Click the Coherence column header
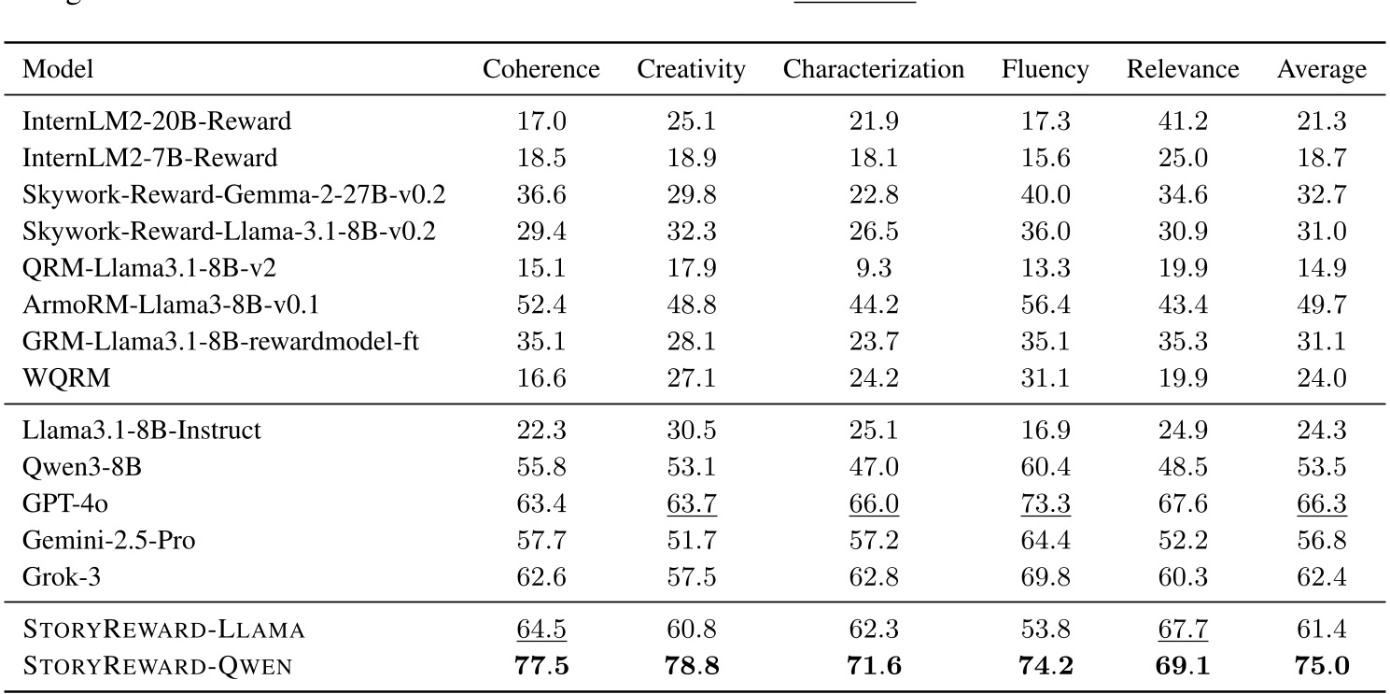541,69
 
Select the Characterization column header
873,69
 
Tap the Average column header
1321,69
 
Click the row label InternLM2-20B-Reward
156,120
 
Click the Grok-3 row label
62,577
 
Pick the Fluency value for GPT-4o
1045,504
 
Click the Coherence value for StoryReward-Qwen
541,666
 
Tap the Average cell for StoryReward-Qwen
1321,666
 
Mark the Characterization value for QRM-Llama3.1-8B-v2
873,268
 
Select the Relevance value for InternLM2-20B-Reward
1182,120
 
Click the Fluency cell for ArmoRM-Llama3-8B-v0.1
1045,305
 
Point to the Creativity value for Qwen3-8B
691,468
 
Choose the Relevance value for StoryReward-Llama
1182,630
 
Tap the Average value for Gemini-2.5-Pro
1321,541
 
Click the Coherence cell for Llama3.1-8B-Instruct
541,431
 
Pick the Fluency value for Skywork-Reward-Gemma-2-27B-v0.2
1045,194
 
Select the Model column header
58,69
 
